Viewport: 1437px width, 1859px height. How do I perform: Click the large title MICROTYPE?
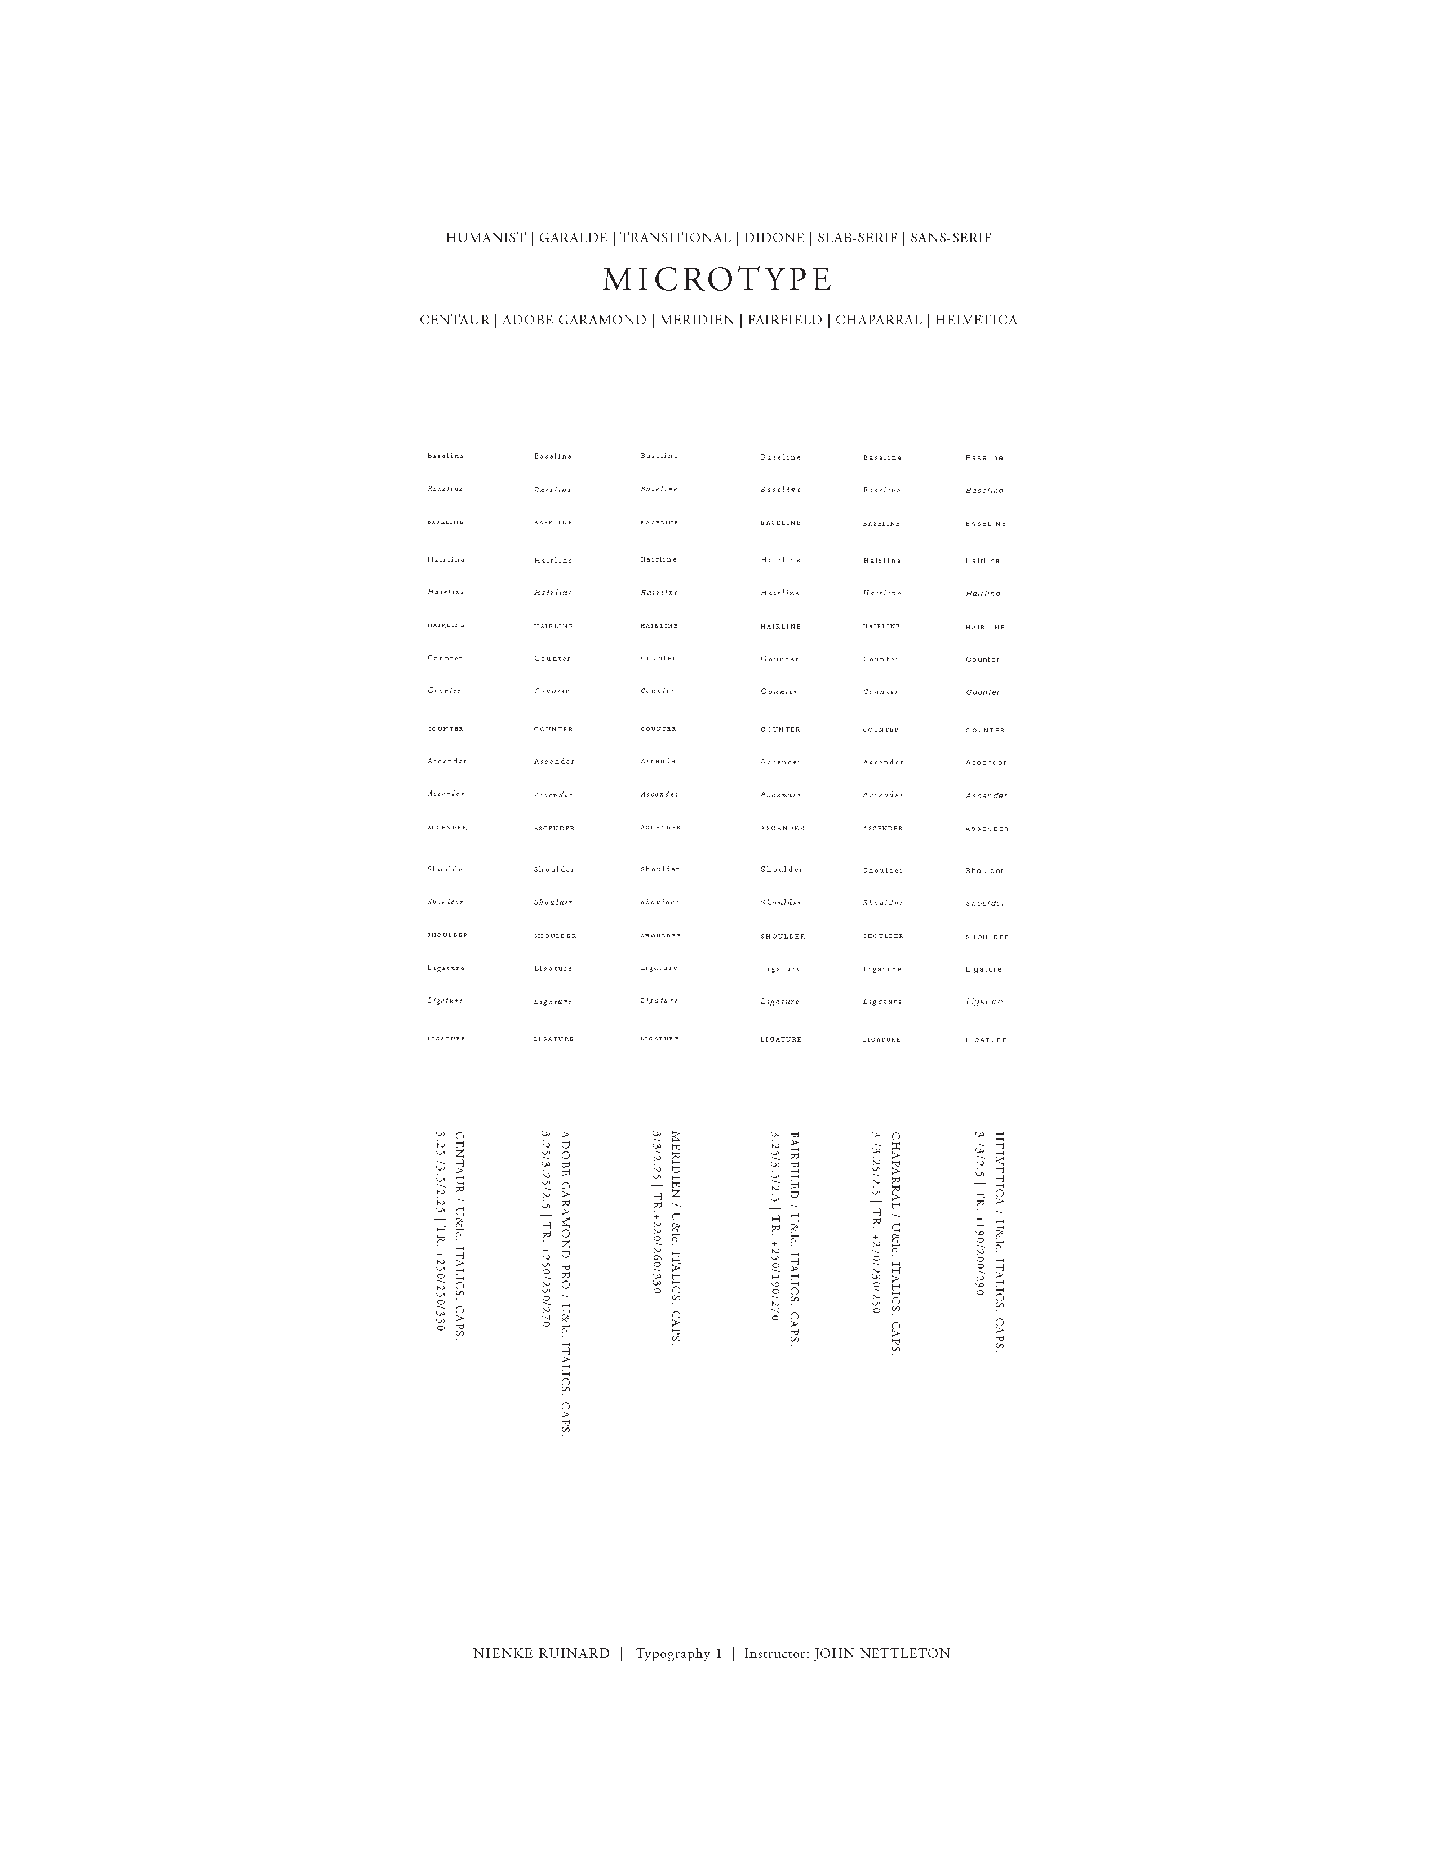click(x=717, y=280)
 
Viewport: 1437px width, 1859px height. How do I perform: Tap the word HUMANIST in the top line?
click(x=485, y=238)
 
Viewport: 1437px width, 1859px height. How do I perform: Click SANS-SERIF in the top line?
click(x=950, y=238)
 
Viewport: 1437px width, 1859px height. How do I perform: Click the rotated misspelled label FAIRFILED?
click(x=794, y=1166)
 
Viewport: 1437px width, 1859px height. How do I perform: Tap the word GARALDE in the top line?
click(x=573, y=238)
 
